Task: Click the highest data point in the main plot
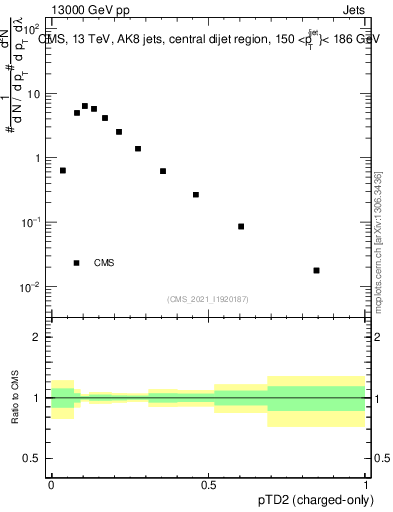pyautogui.click(x=85, y=105)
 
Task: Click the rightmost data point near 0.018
pyautogui.click(x=316, y=270)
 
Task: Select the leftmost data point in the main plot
pyautogui.click(x=63, y=170)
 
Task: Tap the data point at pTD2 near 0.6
pyautogui.click(x=241, y=226)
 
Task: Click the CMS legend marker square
pyautogui.click(x=77, y=263)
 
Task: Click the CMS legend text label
pyautogui.click(x=104, y=263)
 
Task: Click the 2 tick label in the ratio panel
pyautogui.click(x=37, y=337)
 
